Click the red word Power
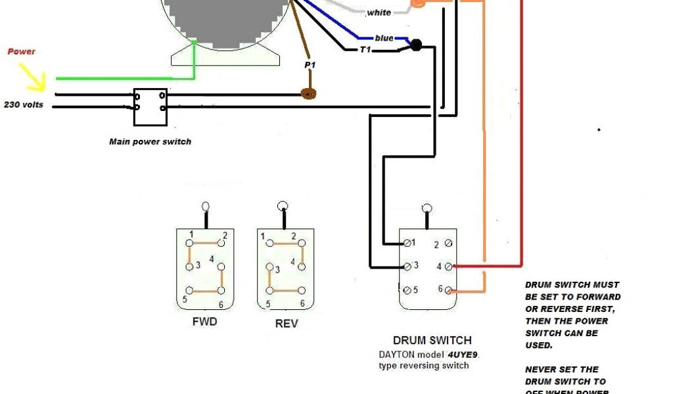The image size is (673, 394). pyautogui.click(x=21, y=51)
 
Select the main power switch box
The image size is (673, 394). pyautogui.click(x=150, y=107)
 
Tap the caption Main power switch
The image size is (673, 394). pyautogui.click(x=150, y=141)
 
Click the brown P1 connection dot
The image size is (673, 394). pyautogui.click(x=309, y=94)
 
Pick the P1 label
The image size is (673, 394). pyautogui.click(x=310, y=66)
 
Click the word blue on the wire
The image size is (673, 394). pyautogui.click(x=384, y=38)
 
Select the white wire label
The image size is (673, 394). pyautogui.click(x=379, y=12)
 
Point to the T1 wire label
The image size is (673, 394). pyautogui.click(x=365, y=49)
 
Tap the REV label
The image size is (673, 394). pyautogui.click(x=287, y=324)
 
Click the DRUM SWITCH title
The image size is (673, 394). pyautogui.click(x=432, y=340)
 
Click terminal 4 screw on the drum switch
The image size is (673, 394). pyautogui.click(x=448, y=267)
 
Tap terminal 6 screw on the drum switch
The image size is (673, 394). pyautogui.click(x=448, y=290)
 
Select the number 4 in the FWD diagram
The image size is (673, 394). pyautogui.click(x=212, y=259)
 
